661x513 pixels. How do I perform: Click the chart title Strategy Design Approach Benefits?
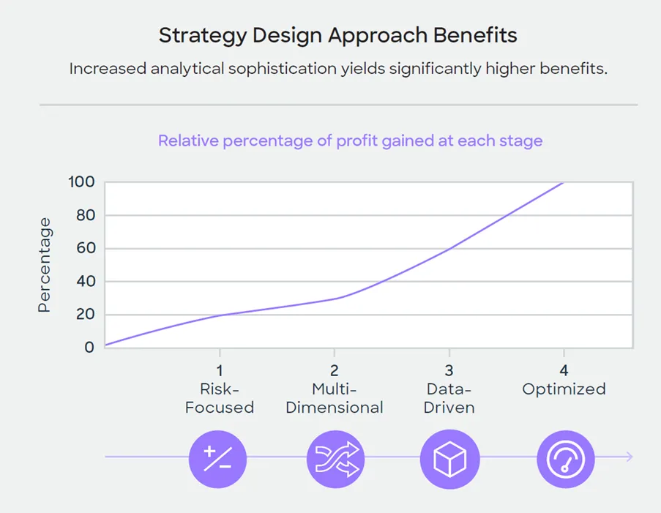tap(337, 35)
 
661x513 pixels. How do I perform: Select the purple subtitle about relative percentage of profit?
tap(350, 141)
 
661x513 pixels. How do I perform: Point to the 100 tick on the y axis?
tap(81, 181)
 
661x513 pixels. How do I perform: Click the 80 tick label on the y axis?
tap(85, 215)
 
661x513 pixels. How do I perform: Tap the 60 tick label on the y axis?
tap(85, 248)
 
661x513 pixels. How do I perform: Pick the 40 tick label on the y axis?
tap(85, 282)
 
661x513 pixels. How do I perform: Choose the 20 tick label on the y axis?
tap(85, 315)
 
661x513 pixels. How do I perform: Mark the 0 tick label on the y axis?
tap(89, 347)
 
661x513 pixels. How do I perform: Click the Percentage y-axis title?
tap(45, 265)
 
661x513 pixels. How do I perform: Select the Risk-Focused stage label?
tap(219, 398)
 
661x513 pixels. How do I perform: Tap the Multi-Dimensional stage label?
tap(335, 398)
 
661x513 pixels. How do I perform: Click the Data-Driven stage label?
tap(449, 398)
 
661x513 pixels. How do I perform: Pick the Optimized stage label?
tap(564, 389)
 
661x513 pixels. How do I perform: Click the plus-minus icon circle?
tap(218, 458)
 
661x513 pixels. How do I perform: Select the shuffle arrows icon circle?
tap(335, 458)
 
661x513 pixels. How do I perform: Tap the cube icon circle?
tap(449, 458)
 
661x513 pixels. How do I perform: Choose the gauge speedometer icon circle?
tap(566, 458)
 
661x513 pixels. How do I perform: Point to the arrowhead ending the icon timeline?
tap(630, 457)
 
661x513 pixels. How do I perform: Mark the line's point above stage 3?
tap(449, 248)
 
